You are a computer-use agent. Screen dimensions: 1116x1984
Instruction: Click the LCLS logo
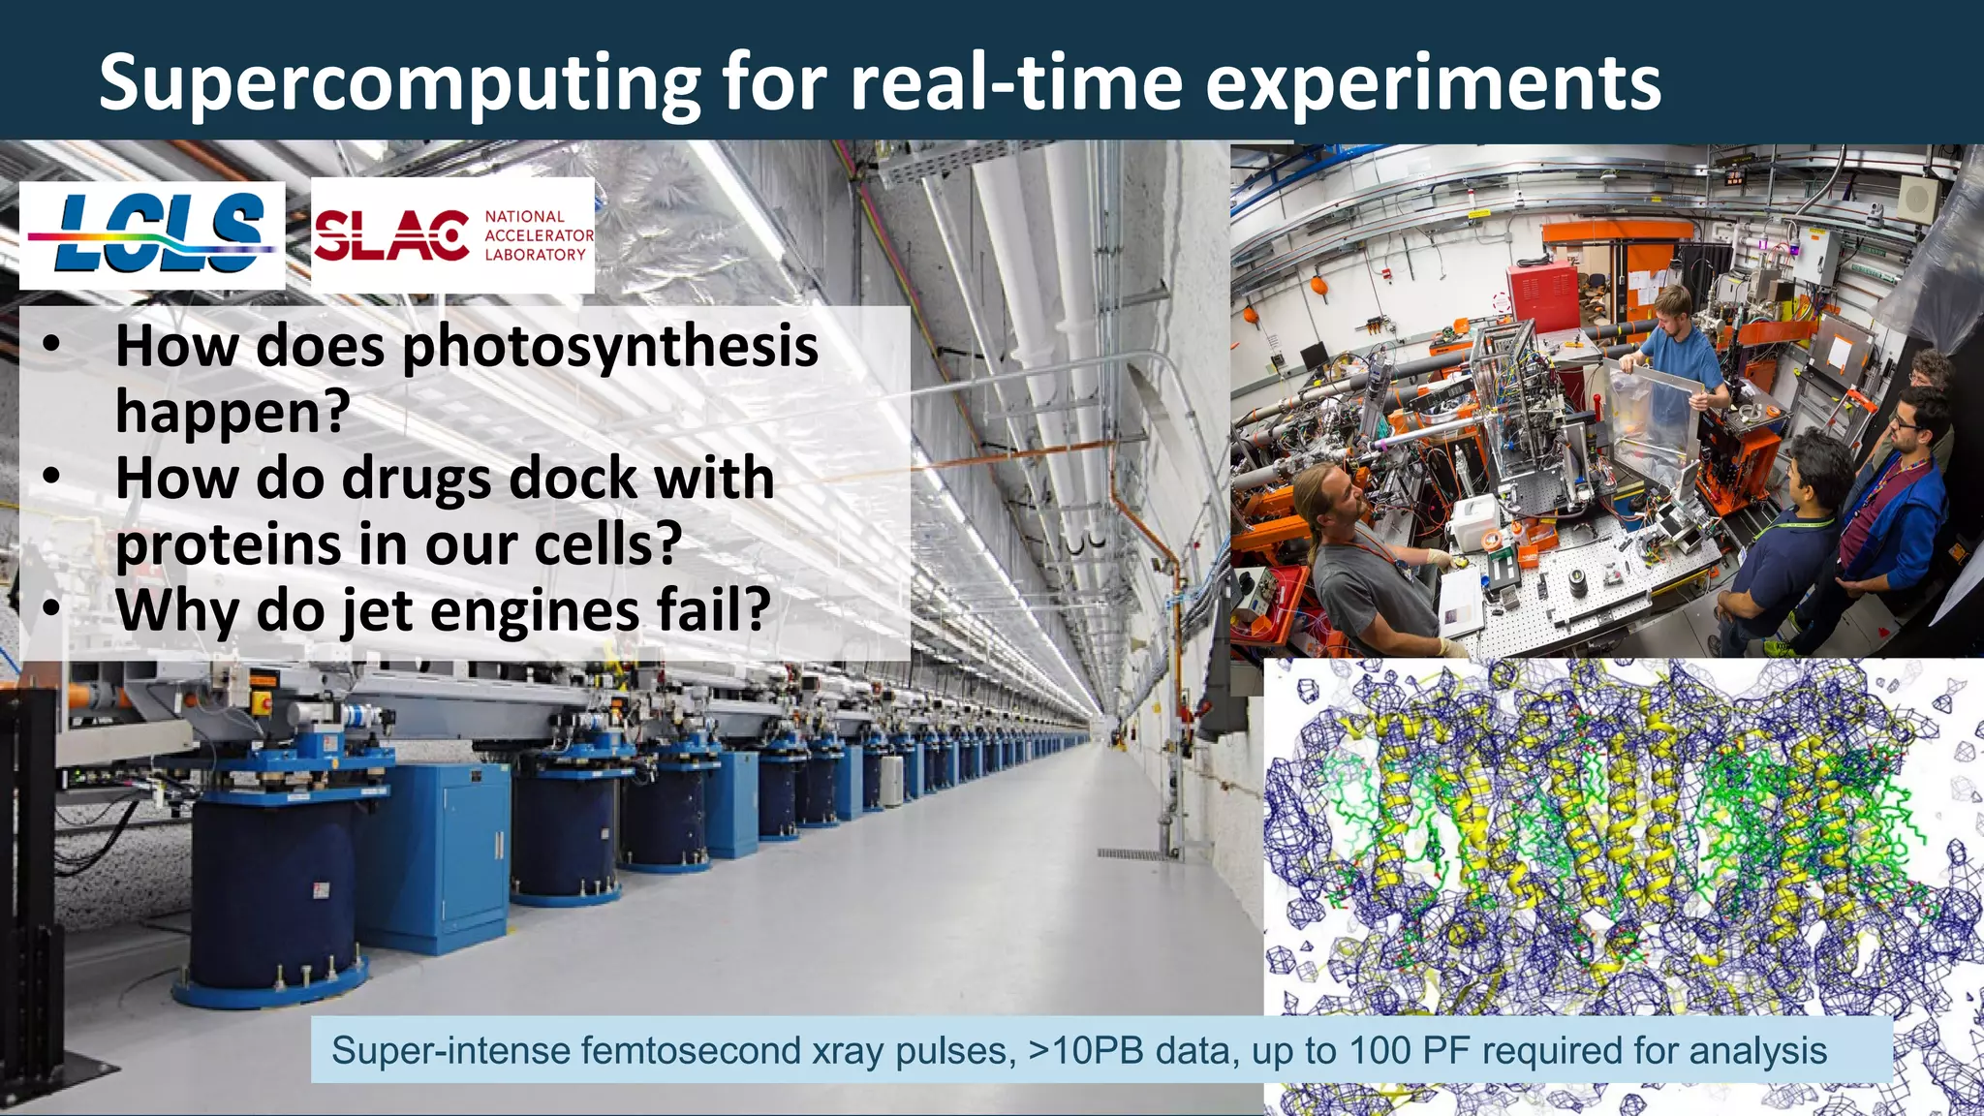coord(152,234)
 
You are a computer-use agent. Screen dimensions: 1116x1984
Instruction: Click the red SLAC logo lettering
coord(391,235)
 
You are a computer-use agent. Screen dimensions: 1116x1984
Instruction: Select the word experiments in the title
coord(1433,83)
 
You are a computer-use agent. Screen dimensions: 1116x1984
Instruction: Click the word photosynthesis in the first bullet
coord(610,346)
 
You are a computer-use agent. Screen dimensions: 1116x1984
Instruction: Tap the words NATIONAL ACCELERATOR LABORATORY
coord(538,235)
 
